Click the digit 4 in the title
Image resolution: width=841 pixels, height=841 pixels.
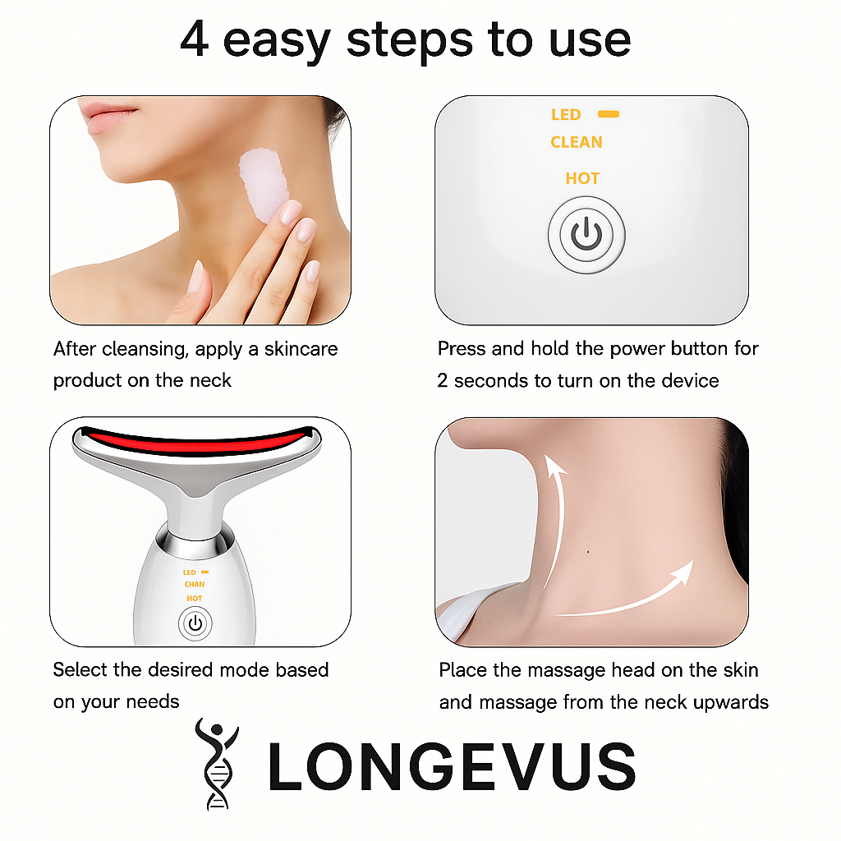(194, 39)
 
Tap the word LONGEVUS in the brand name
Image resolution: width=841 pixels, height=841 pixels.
(452, 766)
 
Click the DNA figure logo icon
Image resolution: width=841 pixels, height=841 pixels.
(218, 764)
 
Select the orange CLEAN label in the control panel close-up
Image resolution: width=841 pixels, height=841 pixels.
(577, 142)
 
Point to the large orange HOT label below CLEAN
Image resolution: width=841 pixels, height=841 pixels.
(582, 178)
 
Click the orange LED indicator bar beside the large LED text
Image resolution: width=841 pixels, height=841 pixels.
(609, 113)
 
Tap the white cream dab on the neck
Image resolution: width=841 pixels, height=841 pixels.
(264, 184)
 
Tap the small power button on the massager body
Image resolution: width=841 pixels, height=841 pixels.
(195, 624)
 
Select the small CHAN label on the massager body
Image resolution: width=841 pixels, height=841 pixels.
(194, 584)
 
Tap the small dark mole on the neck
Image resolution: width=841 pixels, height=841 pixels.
(588, 551)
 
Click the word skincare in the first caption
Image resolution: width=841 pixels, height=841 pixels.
(301, 349)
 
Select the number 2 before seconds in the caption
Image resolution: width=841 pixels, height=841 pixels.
(443, 380)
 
